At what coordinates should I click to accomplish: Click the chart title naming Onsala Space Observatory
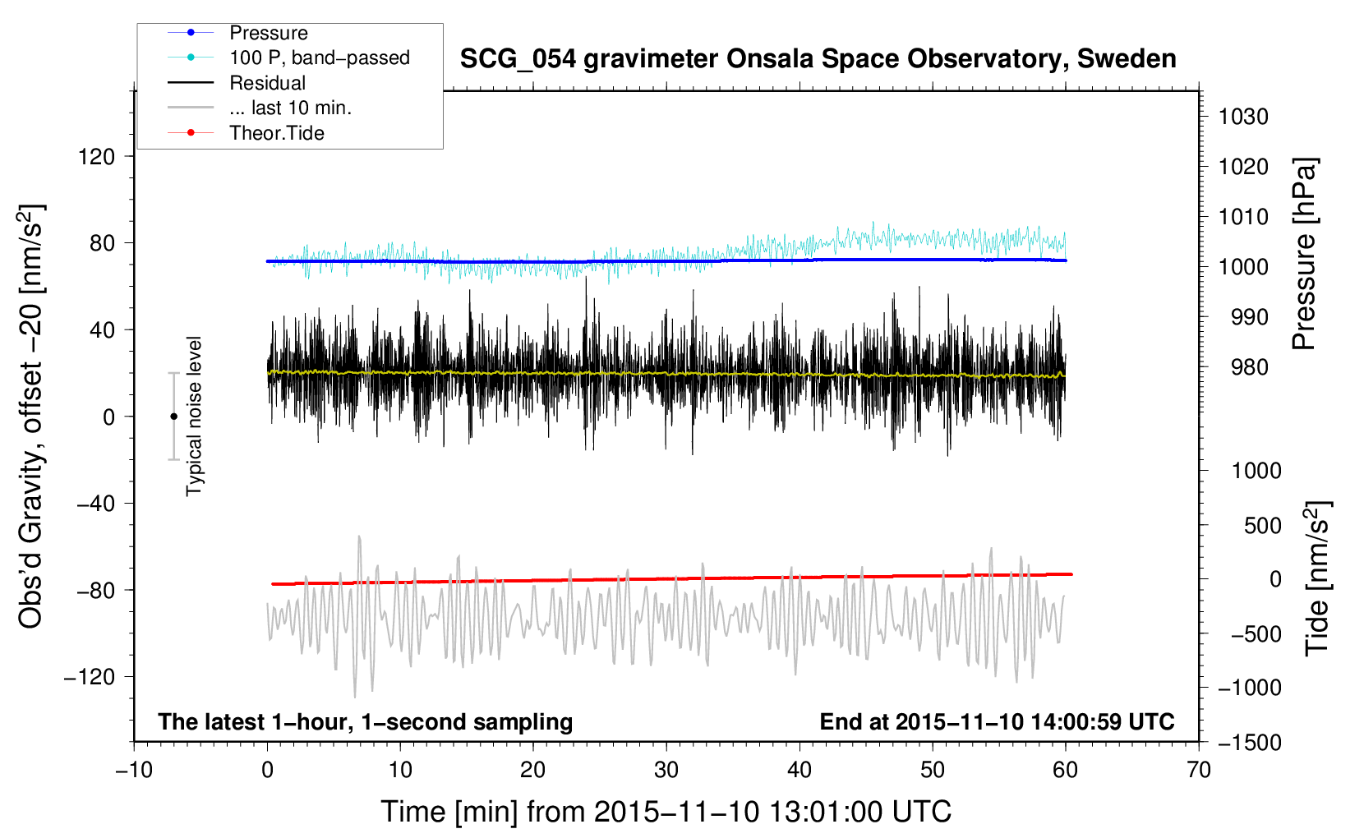pyautogui.click(x=818, y=59)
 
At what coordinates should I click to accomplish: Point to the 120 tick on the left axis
pyautogui.click(x=96, y=157)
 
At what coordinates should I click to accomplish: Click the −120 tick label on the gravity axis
pyautogui.click(x=89, y=677)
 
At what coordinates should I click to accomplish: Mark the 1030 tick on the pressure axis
pyautogui.click(x=1243, y=117)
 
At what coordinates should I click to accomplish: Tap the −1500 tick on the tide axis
pyautogui.click(x=1250, y=743)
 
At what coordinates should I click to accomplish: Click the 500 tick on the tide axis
pyautogui.click(x=1262, y=525)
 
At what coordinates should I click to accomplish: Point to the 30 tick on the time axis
pyautogui.click(x=666, y=771)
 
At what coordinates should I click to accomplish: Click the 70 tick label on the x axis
pyautogui.click(x=1198, y=771)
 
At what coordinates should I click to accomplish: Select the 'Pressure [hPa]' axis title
pyautogui.click(x=1304, y=254)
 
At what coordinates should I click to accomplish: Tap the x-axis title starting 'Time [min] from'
pyautogui.click(x=666, y=812)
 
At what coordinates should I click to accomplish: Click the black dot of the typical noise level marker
pyautogui.click(x=173, y=417)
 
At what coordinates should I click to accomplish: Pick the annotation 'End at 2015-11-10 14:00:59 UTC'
pyautogui.click(x=997, y=721)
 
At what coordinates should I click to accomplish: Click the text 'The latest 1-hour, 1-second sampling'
pyautogui.click(x=366, y=722)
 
